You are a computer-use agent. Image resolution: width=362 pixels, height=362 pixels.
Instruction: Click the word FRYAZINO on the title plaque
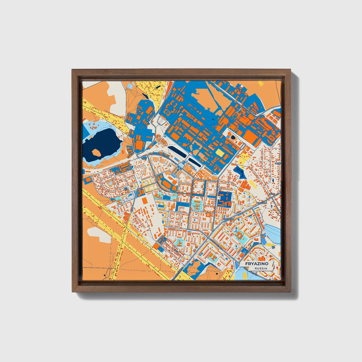click(x=257, y=264)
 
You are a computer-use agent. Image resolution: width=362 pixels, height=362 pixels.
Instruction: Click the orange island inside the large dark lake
click(x=96, y=153)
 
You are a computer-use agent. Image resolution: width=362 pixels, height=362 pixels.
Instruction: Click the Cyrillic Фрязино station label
click(x=228, y=219)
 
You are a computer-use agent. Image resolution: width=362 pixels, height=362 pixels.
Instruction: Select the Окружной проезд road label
click(x=247, y=108)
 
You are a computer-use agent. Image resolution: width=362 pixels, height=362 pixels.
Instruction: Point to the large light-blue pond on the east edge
click(x=273, y=232)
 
